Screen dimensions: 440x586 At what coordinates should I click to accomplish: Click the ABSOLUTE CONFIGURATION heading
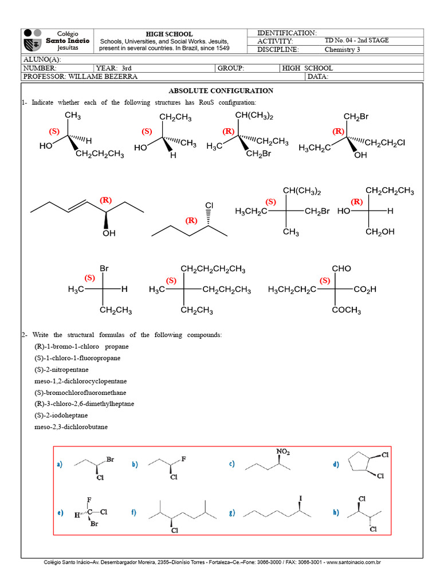(221, 91)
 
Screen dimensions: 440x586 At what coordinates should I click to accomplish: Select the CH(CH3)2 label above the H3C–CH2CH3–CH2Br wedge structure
(254, 116)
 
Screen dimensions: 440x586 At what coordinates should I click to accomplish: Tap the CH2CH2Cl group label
(384, 142)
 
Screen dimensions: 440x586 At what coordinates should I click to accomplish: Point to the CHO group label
(341, 268)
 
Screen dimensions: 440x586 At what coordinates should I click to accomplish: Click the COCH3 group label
(346, 310)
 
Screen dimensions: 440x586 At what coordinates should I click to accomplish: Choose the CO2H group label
(365, 290)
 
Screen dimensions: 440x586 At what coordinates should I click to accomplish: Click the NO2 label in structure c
(283, 452)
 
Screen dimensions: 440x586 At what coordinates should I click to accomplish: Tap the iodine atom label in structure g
(300, 498)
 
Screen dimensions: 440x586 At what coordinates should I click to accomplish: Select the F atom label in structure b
(183, 459)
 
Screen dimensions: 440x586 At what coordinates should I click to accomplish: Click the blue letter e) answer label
(60, 513)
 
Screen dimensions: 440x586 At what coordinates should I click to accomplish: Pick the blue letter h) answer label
(336, 512)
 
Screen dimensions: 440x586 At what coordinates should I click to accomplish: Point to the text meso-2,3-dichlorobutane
(71, 427)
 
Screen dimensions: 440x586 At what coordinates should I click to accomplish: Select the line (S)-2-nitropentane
(61, 370)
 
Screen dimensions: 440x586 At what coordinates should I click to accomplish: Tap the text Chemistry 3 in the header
(342, 49)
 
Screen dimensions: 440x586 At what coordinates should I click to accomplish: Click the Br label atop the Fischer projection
(104, 268)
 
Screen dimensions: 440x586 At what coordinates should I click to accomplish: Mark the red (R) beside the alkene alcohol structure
(106, 200)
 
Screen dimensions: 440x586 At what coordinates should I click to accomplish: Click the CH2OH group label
(380, 232)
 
